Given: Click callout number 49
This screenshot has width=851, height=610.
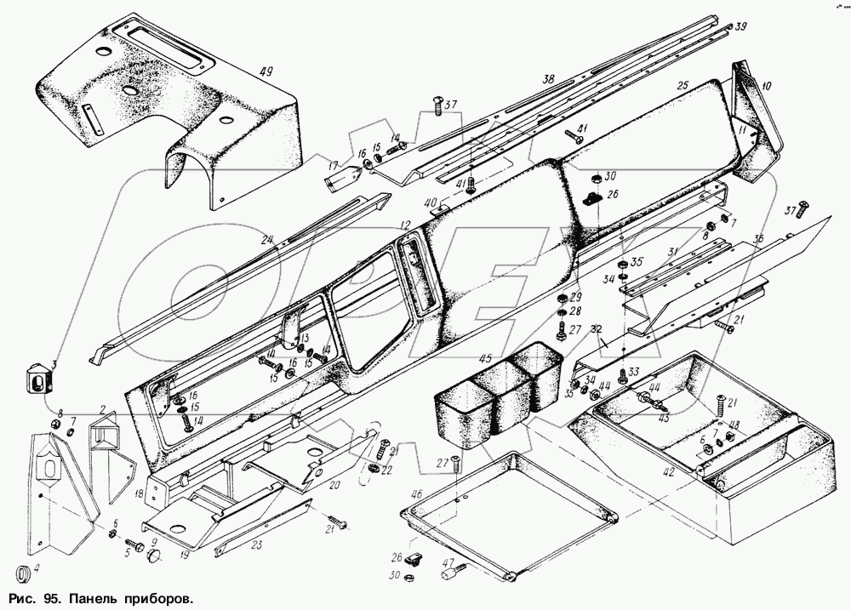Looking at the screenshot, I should (x=266, y=71).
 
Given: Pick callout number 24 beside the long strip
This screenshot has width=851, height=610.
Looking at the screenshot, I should (x=266, y=240).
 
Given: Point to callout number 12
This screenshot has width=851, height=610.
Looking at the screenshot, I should (x=406, y=225).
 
